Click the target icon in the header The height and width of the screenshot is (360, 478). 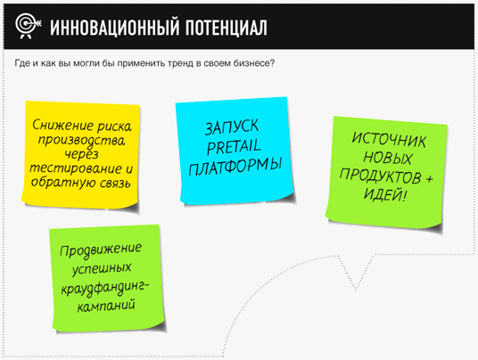coord(28,26)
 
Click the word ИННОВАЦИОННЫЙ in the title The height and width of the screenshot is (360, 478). coord(115,28)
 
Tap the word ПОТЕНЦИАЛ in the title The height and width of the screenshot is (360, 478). coord(227,28)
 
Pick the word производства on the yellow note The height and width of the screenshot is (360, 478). coord(81,141)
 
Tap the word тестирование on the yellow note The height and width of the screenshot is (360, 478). coord(75,168)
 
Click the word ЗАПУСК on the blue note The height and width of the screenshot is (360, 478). coord(232,127)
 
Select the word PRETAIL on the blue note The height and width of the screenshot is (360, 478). coord(235,147)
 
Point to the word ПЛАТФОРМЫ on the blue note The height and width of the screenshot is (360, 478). coord(235,167)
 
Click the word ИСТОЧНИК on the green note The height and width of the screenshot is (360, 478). coord(389,140)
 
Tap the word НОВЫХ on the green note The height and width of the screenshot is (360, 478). coord(387,158)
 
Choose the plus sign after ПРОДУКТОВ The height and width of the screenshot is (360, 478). coord(430,178)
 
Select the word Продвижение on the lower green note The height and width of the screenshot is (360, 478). coord(101,250)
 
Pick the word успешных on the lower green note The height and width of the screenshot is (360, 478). coord(102,268)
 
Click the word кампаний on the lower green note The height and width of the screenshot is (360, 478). coord(106,306)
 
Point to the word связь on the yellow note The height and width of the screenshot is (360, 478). coord(116,184)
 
